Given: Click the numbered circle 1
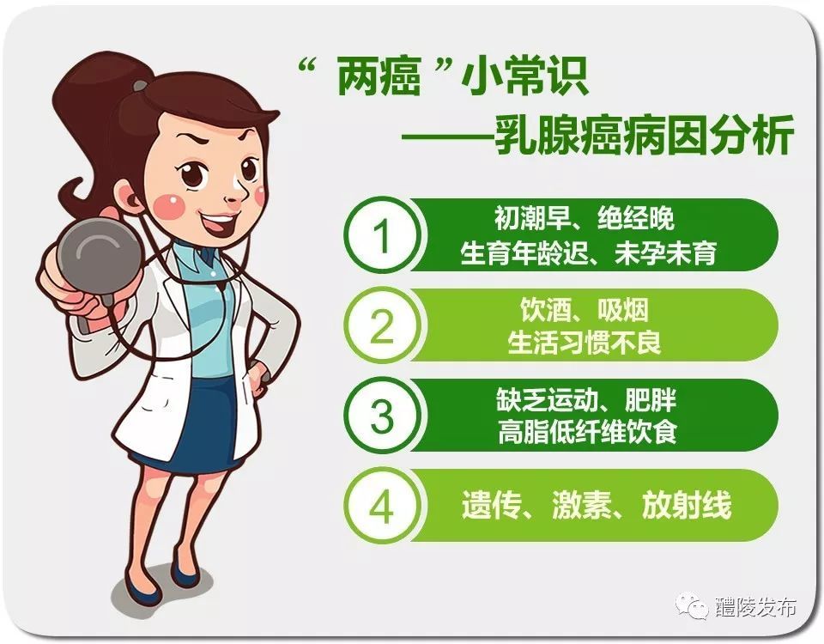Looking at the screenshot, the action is [x=383, y=235].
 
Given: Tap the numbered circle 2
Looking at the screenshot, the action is [x=383, y=325].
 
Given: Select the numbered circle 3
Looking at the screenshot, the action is [x=383, y=416].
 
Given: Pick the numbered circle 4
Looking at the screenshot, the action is [x=383, y=506].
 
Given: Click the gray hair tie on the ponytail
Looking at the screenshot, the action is [x=141, y=85].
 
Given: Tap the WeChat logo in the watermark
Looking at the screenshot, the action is [x=693, y=606].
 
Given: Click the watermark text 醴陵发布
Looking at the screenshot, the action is [x=755, y=607].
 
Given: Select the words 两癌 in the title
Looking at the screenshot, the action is [x=379, y=77].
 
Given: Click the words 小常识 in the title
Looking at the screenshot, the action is [x=524, y=77].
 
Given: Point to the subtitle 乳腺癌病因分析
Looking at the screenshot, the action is [x=645, y=137].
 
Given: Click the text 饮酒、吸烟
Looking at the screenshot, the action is [x=585, y=310].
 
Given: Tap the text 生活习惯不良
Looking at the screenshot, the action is [x=585, y=343].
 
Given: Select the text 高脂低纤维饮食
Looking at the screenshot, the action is [x=587, y=433].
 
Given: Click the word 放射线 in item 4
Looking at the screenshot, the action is [x=687, y=505].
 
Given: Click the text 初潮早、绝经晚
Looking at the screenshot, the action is [x=584, y=218].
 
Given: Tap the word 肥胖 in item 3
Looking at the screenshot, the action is [x=651, y=400].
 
